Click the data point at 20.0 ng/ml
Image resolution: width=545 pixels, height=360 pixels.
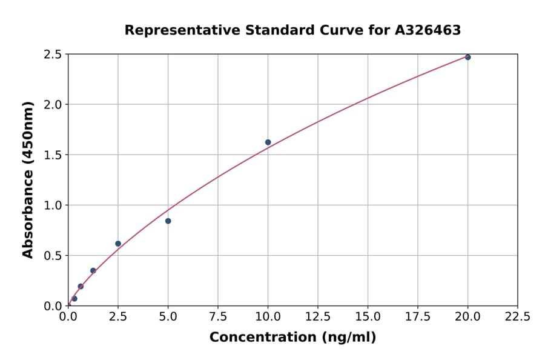pos(467,57)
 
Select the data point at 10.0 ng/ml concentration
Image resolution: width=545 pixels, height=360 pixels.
pos(268,142)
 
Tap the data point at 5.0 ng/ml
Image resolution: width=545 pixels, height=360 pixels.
pos(168,221)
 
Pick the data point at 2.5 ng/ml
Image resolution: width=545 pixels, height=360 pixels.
pos(118,244)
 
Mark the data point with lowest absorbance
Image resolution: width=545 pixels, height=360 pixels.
pos(74,299)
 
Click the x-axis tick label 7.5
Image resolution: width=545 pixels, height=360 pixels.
pos(218,317)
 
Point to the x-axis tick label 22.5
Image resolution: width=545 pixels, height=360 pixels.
pos(517,317)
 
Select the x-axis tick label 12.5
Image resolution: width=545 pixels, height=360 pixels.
pos(318,317)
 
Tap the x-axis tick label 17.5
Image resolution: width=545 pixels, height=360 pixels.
pos(417,317)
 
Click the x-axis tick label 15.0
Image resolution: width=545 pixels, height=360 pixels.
pos(368,317)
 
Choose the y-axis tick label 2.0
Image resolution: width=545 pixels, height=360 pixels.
pos(53,105)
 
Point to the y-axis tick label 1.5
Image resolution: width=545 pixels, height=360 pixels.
pos(53,155)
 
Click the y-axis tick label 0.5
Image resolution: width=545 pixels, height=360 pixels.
pos(53,256)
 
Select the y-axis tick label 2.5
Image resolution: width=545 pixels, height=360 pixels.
pos(53,55)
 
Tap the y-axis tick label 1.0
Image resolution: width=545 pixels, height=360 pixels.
pos(53,205)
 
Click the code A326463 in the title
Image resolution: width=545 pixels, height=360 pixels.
pos(428,30)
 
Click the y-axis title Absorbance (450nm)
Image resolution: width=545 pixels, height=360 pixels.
pos(28,179)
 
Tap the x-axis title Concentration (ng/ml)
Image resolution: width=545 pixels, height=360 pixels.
pos(292,338)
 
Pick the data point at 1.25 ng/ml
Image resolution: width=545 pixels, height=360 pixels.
pos(93,271)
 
